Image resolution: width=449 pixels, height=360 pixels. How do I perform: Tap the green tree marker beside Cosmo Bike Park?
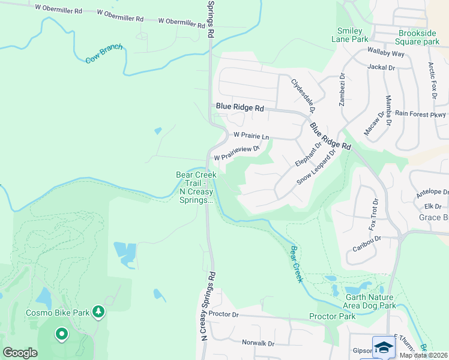pyautogui.click(x=99, y=312)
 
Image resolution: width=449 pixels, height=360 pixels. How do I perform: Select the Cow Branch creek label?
pyautogui.click(x=104, y=54)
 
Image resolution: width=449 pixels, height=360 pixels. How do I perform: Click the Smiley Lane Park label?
pyautogui.click(x=349, y=35)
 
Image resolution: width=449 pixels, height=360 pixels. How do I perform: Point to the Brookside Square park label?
pyautogui.click(x=418, y=37)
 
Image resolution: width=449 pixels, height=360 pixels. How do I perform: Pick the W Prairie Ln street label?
pyautogui.click(x=251, y=136)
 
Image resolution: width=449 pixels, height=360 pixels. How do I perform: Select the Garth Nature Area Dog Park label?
pyautogui.click(x=370, y=301)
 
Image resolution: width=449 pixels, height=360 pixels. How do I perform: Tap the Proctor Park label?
pyautogui.click(x=333, y=316)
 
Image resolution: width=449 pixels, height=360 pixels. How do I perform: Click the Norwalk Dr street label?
pyautogui.click(x=258, y=343)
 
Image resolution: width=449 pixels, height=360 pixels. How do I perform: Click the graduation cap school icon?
pyautogui.click(x=384, y=348)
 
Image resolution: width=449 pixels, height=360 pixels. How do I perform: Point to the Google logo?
pyautogui.click(x=20, y=353)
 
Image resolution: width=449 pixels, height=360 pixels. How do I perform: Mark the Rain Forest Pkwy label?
pyautogui.click(x=420, y=114)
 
